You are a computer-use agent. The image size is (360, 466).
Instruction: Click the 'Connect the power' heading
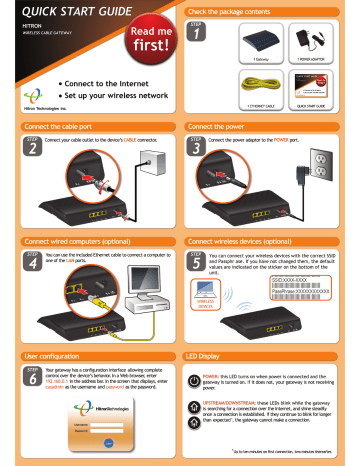tap(224, 128)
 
